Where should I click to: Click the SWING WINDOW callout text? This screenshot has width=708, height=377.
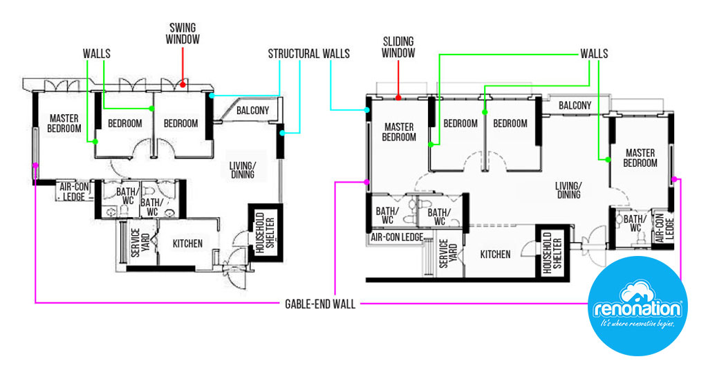184,34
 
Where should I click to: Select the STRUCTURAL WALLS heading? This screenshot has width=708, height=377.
308,53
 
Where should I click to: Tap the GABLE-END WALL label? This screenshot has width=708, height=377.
319,304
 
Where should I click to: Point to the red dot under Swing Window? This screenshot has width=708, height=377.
183,86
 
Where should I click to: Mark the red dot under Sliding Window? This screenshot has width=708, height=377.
398,98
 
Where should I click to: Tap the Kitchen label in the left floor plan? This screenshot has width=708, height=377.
187,243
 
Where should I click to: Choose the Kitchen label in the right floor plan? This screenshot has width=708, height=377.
495,255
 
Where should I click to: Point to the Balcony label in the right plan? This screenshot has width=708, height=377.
575,105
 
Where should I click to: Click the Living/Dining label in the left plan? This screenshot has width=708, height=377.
242,169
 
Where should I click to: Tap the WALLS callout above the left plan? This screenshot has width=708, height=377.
96,53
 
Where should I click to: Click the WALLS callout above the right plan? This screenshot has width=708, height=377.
593,53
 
